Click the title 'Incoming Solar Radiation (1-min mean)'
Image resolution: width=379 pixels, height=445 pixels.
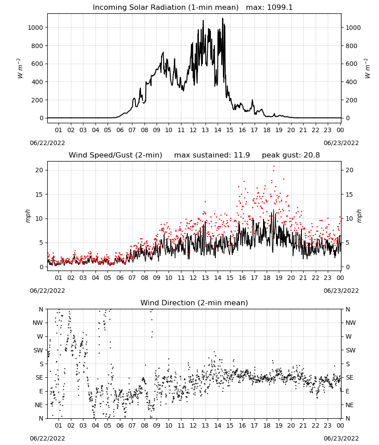tap(165, 8)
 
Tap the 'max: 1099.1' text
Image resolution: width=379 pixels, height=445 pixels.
tap(269, 8)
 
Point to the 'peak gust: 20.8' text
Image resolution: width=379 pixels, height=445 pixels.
tap(291, 155)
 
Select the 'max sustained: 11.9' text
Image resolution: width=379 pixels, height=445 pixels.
tap(212, 155)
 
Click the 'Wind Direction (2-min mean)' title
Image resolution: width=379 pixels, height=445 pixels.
tap(194, 303)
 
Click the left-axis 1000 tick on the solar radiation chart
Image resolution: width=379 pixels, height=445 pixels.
tap(35, 28)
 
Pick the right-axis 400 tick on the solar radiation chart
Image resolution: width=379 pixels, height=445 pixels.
tap(351, 82)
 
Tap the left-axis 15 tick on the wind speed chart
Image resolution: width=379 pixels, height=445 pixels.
tap(39, 194)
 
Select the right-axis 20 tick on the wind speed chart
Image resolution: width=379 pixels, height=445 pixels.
tap(350, 170)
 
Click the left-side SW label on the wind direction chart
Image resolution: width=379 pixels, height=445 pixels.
tap(38, 351)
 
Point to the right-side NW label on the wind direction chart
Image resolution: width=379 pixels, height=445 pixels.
tap(350, 323)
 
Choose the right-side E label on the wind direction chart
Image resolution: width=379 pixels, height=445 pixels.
tap(347, 392)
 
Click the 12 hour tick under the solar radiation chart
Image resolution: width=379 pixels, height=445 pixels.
tap(193, 130)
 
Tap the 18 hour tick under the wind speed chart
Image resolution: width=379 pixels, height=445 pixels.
tap(267, 278)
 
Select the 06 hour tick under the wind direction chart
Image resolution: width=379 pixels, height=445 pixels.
tap(120, 426)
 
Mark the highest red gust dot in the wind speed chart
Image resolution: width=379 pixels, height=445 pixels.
tap(274, 166)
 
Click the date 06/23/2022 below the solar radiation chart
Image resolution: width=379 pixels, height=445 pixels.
tap(341, 143)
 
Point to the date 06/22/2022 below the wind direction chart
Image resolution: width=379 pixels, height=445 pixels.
tap(47, 438)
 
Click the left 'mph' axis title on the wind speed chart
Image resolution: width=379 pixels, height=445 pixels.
tap(28, 216)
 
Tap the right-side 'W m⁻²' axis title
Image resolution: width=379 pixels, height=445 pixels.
tap(367, 69)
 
